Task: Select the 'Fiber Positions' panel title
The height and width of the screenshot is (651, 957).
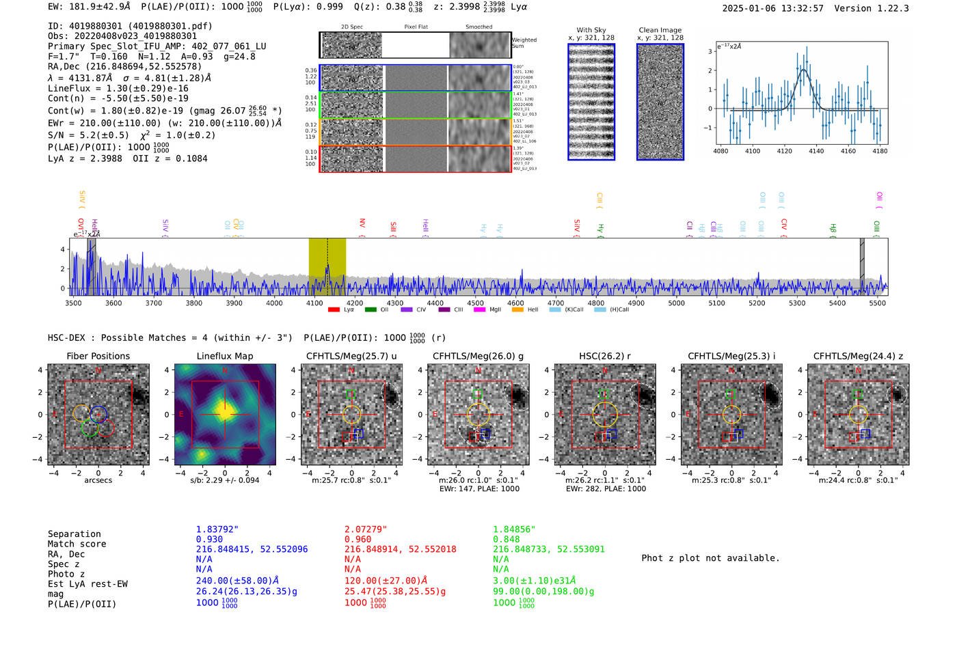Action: pos(98,356)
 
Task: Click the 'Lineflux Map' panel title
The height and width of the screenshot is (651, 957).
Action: pos(224,356)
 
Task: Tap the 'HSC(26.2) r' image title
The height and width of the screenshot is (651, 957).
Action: pos(604,356)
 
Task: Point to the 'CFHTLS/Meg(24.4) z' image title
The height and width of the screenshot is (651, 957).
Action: pos(858,356)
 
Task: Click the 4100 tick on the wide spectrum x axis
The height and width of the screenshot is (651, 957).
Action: pos(314,303)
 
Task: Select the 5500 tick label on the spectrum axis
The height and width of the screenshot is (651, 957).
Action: pos(877,303)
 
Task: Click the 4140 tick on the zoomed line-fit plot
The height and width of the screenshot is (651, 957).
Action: pos(816,151)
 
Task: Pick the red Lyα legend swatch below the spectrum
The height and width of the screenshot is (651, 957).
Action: pos(334,310)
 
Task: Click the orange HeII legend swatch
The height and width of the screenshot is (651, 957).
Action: pos(517,310)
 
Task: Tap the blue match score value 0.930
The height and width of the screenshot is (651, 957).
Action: pos(209,540)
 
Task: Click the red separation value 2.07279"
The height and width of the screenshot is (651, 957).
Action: pos(366,529)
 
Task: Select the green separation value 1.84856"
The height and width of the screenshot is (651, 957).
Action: pos(514,529)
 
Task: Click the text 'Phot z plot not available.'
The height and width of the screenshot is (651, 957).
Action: pos(710,558)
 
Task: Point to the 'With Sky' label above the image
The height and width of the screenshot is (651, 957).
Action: pos(591,30)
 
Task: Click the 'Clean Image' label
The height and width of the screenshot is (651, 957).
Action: pos(660,30)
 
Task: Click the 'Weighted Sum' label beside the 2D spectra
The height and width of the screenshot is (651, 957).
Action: pos(524,43)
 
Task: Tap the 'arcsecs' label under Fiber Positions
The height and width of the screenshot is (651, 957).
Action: pos(98,480)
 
